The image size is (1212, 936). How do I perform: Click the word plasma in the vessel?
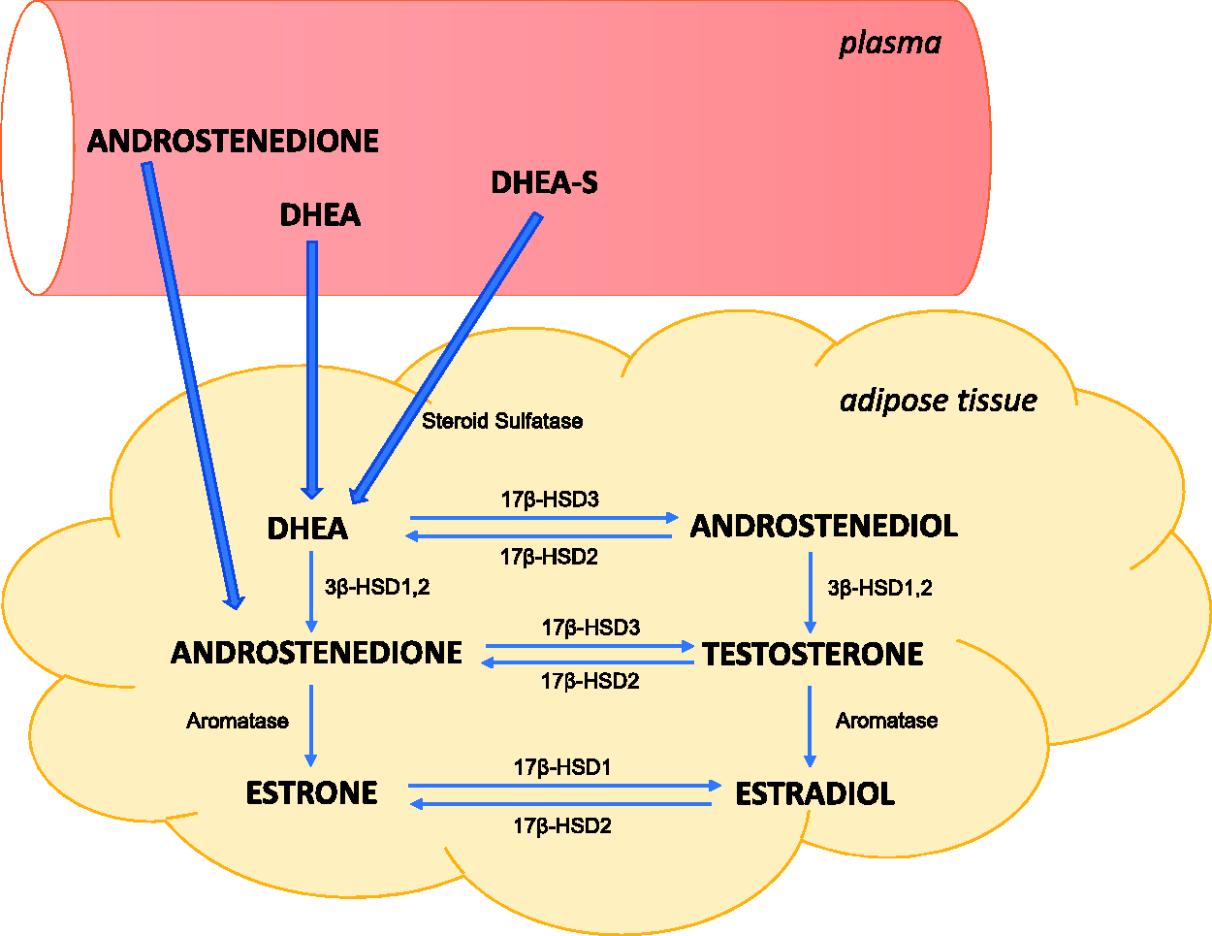click(890, 44)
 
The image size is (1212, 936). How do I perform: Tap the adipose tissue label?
click(939, 400)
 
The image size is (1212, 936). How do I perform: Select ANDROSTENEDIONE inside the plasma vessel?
click(233, 141)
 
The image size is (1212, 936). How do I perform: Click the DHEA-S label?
click(544, 182)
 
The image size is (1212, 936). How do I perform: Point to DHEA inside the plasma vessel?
click(320, 215)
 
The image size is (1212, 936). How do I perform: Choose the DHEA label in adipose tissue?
click(307, 529)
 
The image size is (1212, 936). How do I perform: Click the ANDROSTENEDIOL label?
click(824, 526)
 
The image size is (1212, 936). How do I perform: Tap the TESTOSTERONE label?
click(813, 654)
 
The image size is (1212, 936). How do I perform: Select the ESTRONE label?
click(312, 792)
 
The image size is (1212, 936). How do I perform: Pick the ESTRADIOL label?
click(815, 793)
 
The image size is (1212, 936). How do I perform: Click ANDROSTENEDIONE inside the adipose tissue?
click(317, 653)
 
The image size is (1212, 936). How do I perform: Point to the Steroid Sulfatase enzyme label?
click(502, 421)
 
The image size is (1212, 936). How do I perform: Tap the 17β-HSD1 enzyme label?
click(562, 767)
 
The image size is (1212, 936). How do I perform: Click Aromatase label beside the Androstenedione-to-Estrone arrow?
click(238, 721)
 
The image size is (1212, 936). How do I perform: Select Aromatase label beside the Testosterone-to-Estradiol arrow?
click(886, 720)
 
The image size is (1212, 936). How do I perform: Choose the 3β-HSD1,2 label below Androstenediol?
click(879, 588)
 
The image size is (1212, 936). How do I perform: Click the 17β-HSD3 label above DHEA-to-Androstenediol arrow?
click(550, 500)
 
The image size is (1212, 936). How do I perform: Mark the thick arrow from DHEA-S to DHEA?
click(445, 358)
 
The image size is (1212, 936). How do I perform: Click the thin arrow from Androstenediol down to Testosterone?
click(811, 593)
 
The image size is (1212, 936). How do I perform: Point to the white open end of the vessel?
click(38, 147)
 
